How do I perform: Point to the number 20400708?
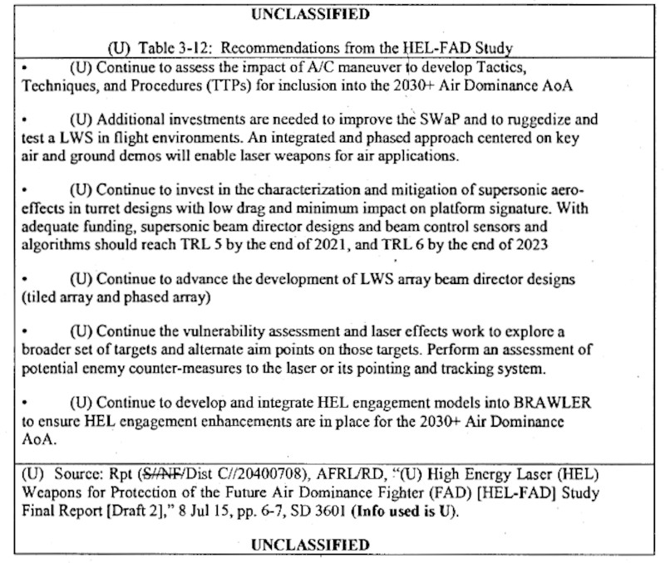pyautogui.click(x=235, y=474)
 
